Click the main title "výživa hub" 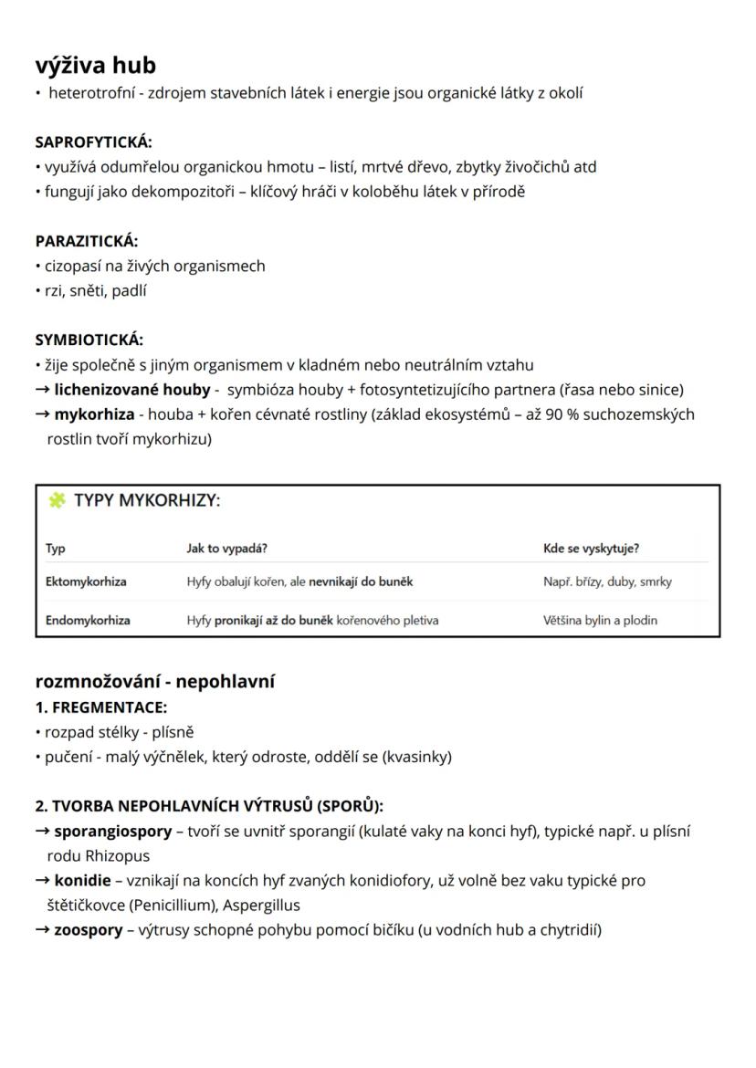coord(96,66)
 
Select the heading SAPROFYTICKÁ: coord(94,142)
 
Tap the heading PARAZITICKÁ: coord(87,241)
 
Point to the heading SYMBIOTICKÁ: coord(89,340)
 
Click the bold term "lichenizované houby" coord(132,390)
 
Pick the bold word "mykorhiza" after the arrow coord(94,414)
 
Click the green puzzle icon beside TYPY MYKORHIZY coord(57,500)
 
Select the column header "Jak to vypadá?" coord(226,549)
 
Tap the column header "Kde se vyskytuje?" coord(591,549)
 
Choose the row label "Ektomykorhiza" coord(86,581)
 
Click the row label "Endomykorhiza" coord(88,621)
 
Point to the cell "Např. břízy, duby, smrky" coord(607,581)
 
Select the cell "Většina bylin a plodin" coord(600,621)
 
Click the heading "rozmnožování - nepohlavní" coord(155,682)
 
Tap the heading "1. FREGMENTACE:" coord(101,707)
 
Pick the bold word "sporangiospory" coord(112,832)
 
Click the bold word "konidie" coord(82,881)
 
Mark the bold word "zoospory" coord(88,930)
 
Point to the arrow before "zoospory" coord(42,930)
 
